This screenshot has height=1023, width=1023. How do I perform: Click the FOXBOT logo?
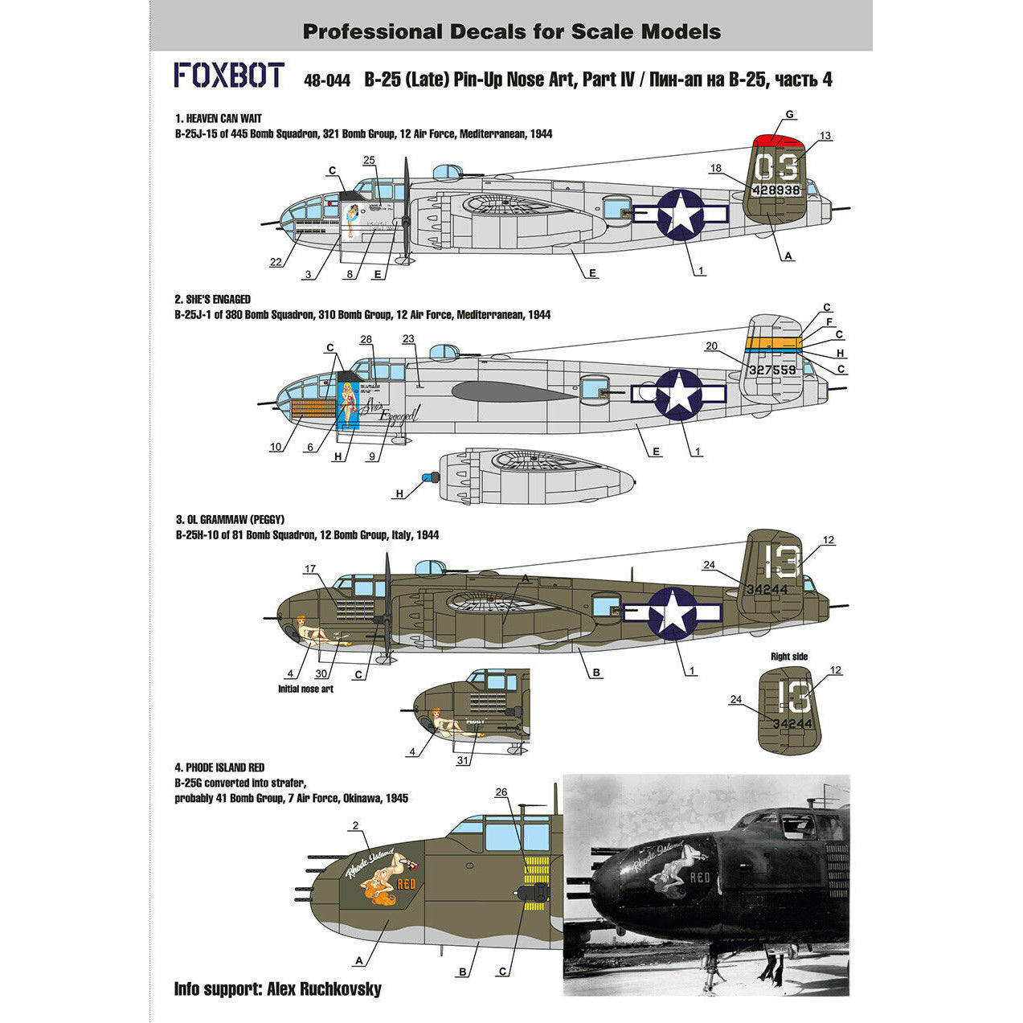229,76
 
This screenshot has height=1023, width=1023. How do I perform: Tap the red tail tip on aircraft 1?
780,143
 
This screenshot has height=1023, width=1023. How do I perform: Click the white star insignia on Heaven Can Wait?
681,214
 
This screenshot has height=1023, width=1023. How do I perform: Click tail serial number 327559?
771,370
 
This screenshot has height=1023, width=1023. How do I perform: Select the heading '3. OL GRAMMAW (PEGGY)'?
229,520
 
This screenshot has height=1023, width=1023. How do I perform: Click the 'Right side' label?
789,657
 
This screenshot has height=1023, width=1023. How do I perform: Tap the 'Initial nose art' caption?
305,689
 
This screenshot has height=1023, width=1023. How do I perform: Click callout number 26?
501,792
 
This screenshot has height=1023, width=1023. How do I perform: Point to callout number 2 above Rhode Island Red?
355,825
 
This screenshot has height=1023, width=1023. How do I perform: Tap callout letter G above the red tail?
790,115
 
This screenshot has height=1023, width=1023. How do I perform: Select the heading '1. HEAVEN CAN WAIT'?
219,119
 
